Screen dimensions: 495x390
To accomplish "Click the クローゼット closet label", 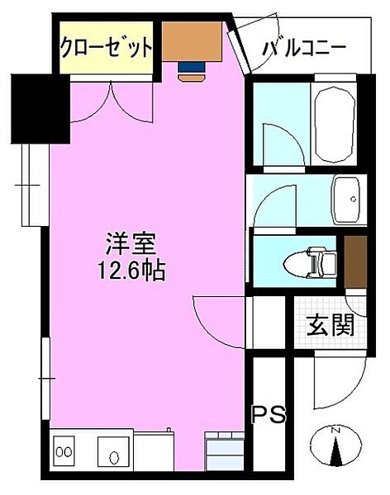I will point(106,46).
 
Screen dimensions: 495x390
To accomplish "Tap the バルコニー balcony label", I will point(304,47).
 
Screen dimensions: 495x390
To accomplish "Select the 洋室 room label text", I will point(131,245).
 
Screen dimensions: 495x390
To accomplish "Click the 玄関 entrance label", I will point(331,325).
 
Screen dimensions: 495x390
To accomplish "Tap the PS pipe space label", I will point(269,413).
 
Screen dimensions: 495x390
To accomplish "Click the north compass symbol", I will point(335,450).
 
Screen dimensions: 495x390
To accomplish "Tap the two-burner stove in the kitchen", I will point(63,452).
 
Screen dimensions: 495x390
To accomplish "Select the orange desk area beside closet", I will point(191,40).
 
